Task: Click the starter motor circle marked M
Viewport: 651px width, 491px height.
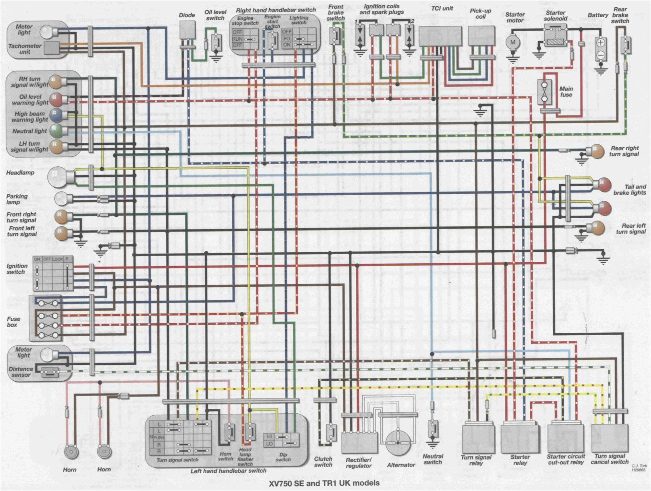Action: pyautogui.click(x=513, y=42)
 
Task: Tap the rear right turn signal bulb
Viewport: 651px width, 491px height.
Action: pyautogui.click(x=596, y=151)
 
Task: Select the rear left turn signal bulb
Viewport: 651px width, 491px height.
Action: pyautogui.click(x=596, y=227)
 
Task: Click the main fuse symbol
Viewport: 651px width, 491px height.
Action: pyautogui.click(x=545, y=92)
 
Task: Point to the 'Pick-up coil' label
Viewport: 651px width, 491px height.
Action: pyautogui.click(x=480, y=14)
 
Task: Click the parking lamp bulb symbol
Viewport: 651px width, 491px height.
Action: pyautogui.click(x=61, y=198)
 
